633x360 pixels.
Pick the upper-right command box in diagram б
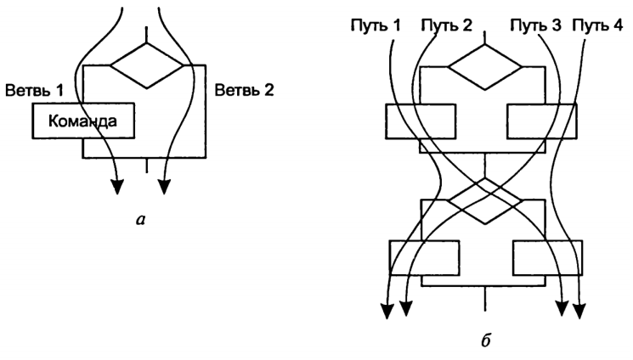[x=544, y=121]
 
